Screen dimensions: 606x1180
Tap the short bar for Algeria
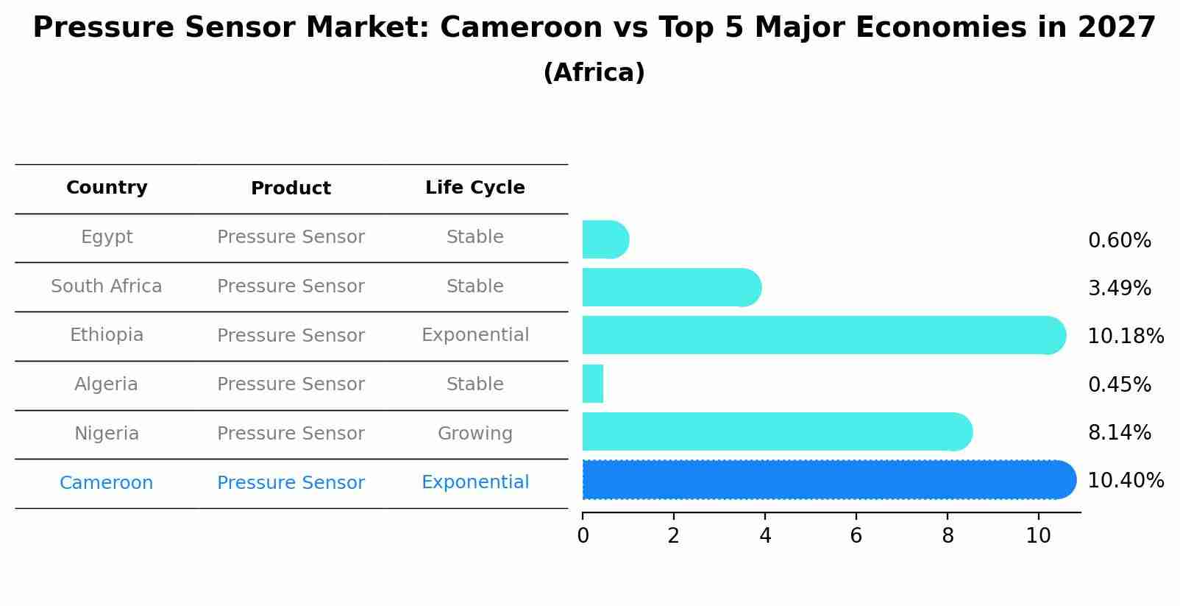pyautogui.click(x=593, y=384)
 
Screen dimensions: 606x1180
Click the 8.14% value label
pyautogui.click(x=1119, y=432)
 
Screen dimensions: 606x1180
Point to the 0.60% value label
pyautogui.click(x=1119, y=241)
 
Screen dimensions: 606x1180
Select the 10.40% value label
pyautogui.click(x=1125, y=481)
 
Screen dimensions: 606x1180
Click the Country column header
pyautogui.click(x=107, y=188)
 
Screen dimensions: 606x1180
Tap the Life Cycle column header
pyautogui.click(x=475, y=188)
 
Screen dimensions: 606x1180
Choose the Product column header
pyautogui.click(x=291, y=189)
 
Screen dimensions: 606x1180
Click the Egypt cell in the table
pyautogui.click(x=107, y=237)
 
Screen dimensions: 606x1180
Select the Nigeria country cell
pyautogui.click(x=107, y=434)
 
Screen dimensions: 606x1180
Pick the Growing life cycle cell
pyautogui.click(x=475, y=434)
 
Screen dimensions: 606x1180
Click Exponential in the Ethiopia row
pyautogui.click(x=475, y=335)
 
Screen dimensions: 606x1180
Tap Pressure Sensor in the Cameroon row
pyautogui.click(x=291, y=483)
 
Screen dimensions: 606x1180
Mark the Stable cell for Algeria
pyautogui.click(x=475, y=384)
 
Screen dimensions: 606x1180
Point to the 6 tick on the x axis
pyautogui.click(x=856, y=536)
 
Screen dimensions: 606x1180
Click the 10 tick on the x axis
pyautogui.click(x=1038, y=536)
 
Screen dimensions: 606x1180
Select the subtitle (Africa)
pyautogui.click(x=594, y=73)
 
